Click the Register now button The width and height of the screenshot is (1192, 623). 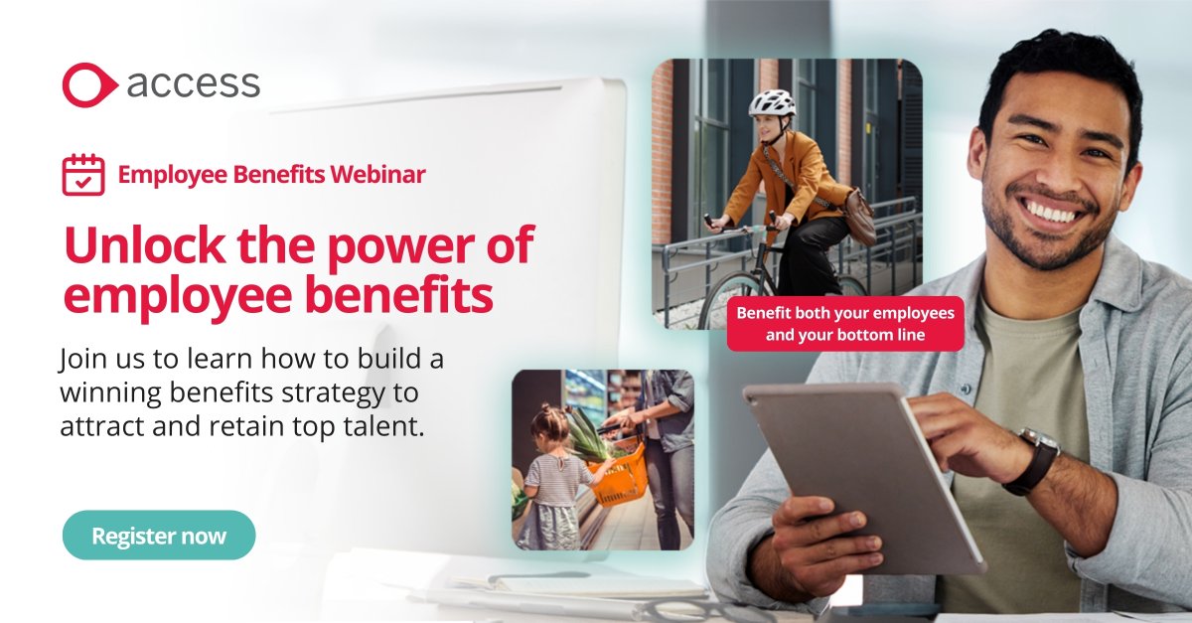point(159,536)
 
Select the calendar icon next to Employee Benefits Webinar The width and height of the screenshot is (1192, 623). point(82,175)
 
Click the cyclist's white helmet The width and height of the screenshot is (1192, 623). point(772,103)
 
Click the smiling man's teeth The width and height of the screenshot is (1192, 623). point(1052,213)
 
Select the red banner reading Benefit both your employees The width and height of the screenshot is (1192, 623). point(845,324)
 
